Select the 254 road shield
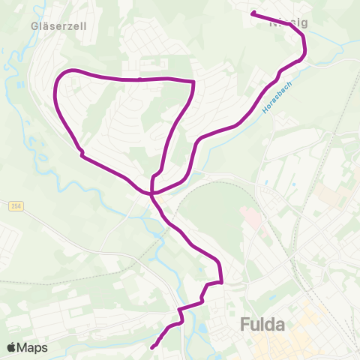tap(17, 206)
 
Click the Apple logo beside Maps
tap(12, 347)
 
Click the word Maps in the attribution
tap(34, 347)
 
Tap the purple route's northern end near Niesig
tap(253, 13)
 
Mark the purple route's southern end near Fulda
tap(152, 347)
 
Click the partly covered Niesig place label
tap(289, 22)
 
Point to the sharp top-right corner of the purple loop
tap(194, 82)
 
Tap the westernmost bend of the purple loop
tap(55, 94)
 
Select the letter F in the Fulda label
tap(245, 325)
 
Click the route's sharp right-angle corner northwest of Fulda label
tap(221, 281)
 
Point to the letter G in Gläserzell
tap(35, 25)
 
